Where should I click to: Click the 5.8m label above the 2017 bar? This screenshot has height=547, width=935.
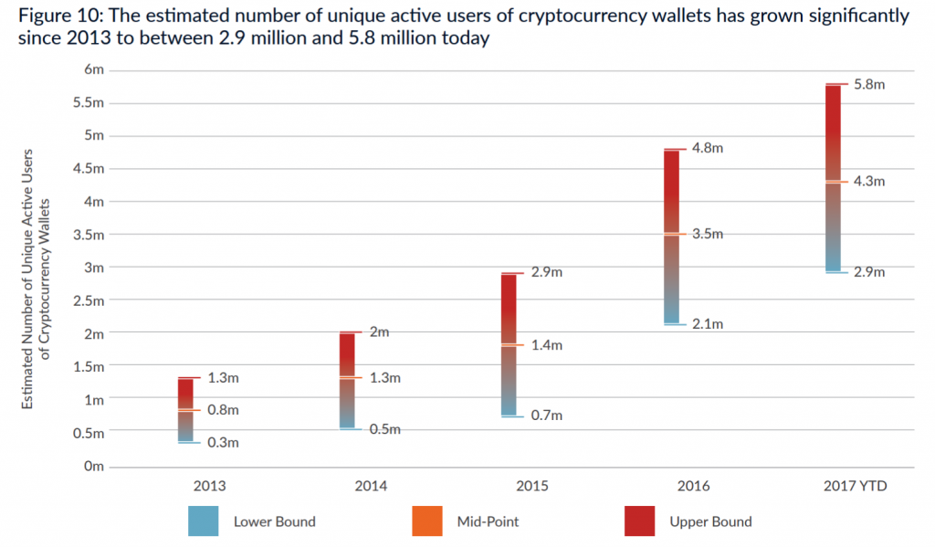[x=869, y=85]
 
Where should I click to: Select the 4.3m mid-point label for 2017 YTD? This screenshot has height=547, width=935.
[x=869, y=182]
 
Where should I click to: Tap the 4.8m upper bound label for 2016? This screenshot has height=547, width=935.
[x=707, y=149]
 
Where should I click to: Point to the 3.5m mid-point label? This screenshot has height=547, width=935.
[x=707, y=234]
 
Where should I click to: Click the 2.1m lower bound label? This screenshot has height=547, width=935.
[x=707, y=324]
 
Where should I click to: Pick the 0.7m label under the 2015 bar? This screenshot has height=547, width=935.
[x=546, y=416]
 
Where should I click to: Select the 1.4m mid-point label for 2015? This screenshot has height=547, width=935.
[x=546, y=345]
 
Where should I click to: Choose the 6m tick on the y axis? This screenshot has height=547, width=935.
[x=95, y=69]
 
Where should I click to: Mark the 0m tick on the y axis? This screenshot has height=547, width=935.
[x=95, y=467]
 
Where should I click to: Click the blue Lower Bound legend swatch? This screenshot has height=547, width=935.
[x=202, y=521]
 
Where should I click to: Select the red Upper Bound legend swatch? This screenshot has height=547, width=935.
[x=639, y=521]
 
